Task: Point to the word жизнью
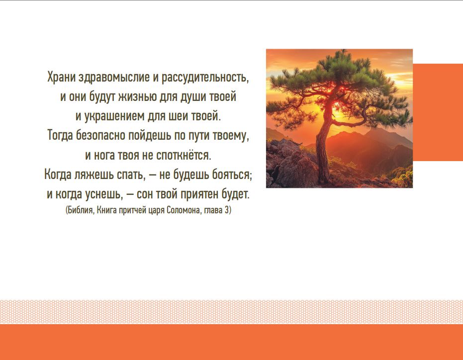coord(137,97)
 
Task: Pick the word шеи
coord(179,116)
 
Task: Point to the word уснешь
coord(103,194)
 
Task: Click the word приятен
coord(197,194)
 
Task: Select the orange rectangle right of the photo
coord(438,112)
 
